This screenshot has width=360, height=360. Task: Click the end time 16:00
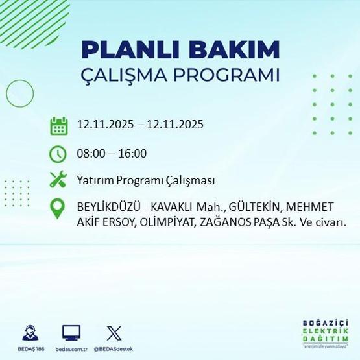coord(133,154)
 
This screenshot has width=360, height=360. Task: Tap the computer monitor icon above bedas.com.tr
coord(71,333)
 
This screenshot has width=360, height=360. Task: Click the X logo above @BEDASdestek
coord(113,333)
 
